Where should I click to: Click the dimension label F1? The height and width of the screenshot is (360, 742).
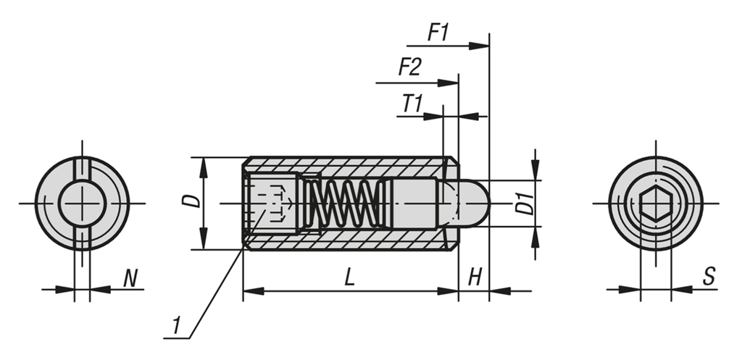pyautogui.click(x=439, y=33)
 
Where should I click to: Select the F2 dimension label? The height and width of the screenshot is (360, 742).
pyautogui.click(x=409, y=68)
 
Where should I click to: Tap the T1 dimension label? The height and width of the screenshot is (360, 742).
pyautogui.click(x=412, y=104)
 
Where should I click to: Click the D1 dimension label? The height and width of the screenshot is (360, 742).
pyautogui.click(x=525, y=204)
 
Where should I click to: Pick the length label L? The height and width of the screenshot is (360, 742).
pyautogui.click(x=350, y=277)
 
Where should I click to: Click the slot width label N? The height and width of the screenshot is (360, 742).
pyautogui.click(x=130, y=277)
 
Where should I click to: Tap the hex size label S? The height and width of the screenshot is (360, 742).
pyautogui.click(x=709, y=276)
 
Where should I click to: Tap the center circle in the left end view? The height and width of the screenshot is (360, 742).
pyautogui.click(x=82, y=204)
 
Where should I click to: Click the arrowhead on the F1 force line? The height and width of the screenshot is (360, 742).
pyautogui.click(x=480, y=46)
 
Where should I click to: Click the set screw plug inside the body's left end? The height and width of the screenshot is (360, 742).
pyautogui.click(x=271, y=204)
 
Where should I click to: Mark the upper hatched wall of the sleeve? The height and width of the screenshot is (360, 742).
pyautogui.click(x=348, y=166)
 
